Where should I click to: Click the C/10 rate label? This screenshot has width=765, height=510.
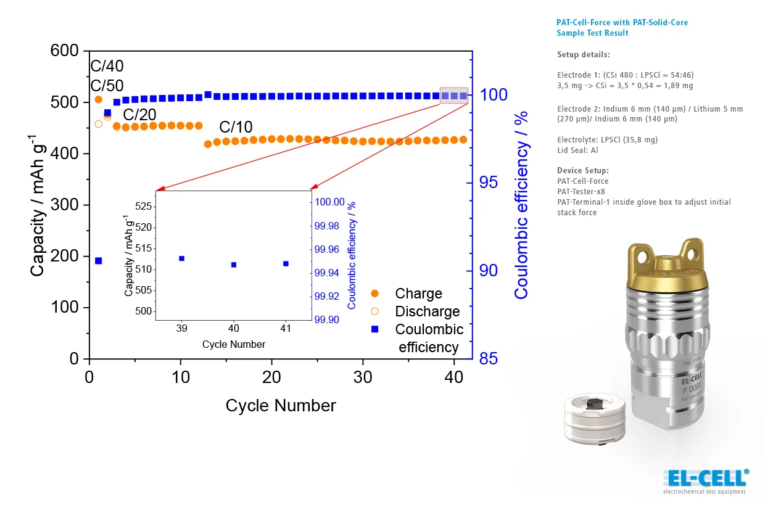[x=236, y=128]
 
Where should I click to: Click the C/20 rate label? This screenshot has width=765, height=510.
[x=139, y=115]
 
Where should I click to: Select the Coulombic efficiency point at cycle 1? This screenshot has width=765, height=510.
[x=98, y=261]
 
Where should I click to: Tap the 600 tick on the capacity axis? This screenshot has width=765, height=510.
[x=65, y=51]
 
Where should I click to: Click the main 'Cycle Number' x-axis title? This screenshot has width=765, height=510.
[x=281, y=406]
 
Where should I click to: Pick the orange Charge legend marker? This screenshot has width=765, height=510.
[x=374, y=294]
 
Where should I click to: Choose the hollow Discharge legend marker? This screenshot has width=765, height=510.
[x=374, y=311]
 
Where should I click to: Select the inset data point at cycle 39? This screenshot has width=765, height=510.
[x=181, y=258]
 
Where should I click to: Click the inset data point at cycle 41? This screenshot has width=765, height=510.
[x=286, y=263]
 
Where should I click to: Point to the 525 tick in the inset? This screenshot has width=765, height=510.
[x=143, y=206]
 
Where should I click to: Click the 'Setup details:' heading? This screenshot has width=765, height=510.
[x=583, y=54]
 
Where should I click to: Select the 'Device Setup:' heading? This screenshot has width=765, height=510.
[x=582, y=170]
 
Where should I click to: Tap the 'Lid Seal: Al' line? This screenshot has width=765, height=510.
[x=577, y=150]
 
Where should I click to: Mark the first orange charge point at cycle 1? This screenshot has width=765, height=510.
[x=98, y=99]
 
